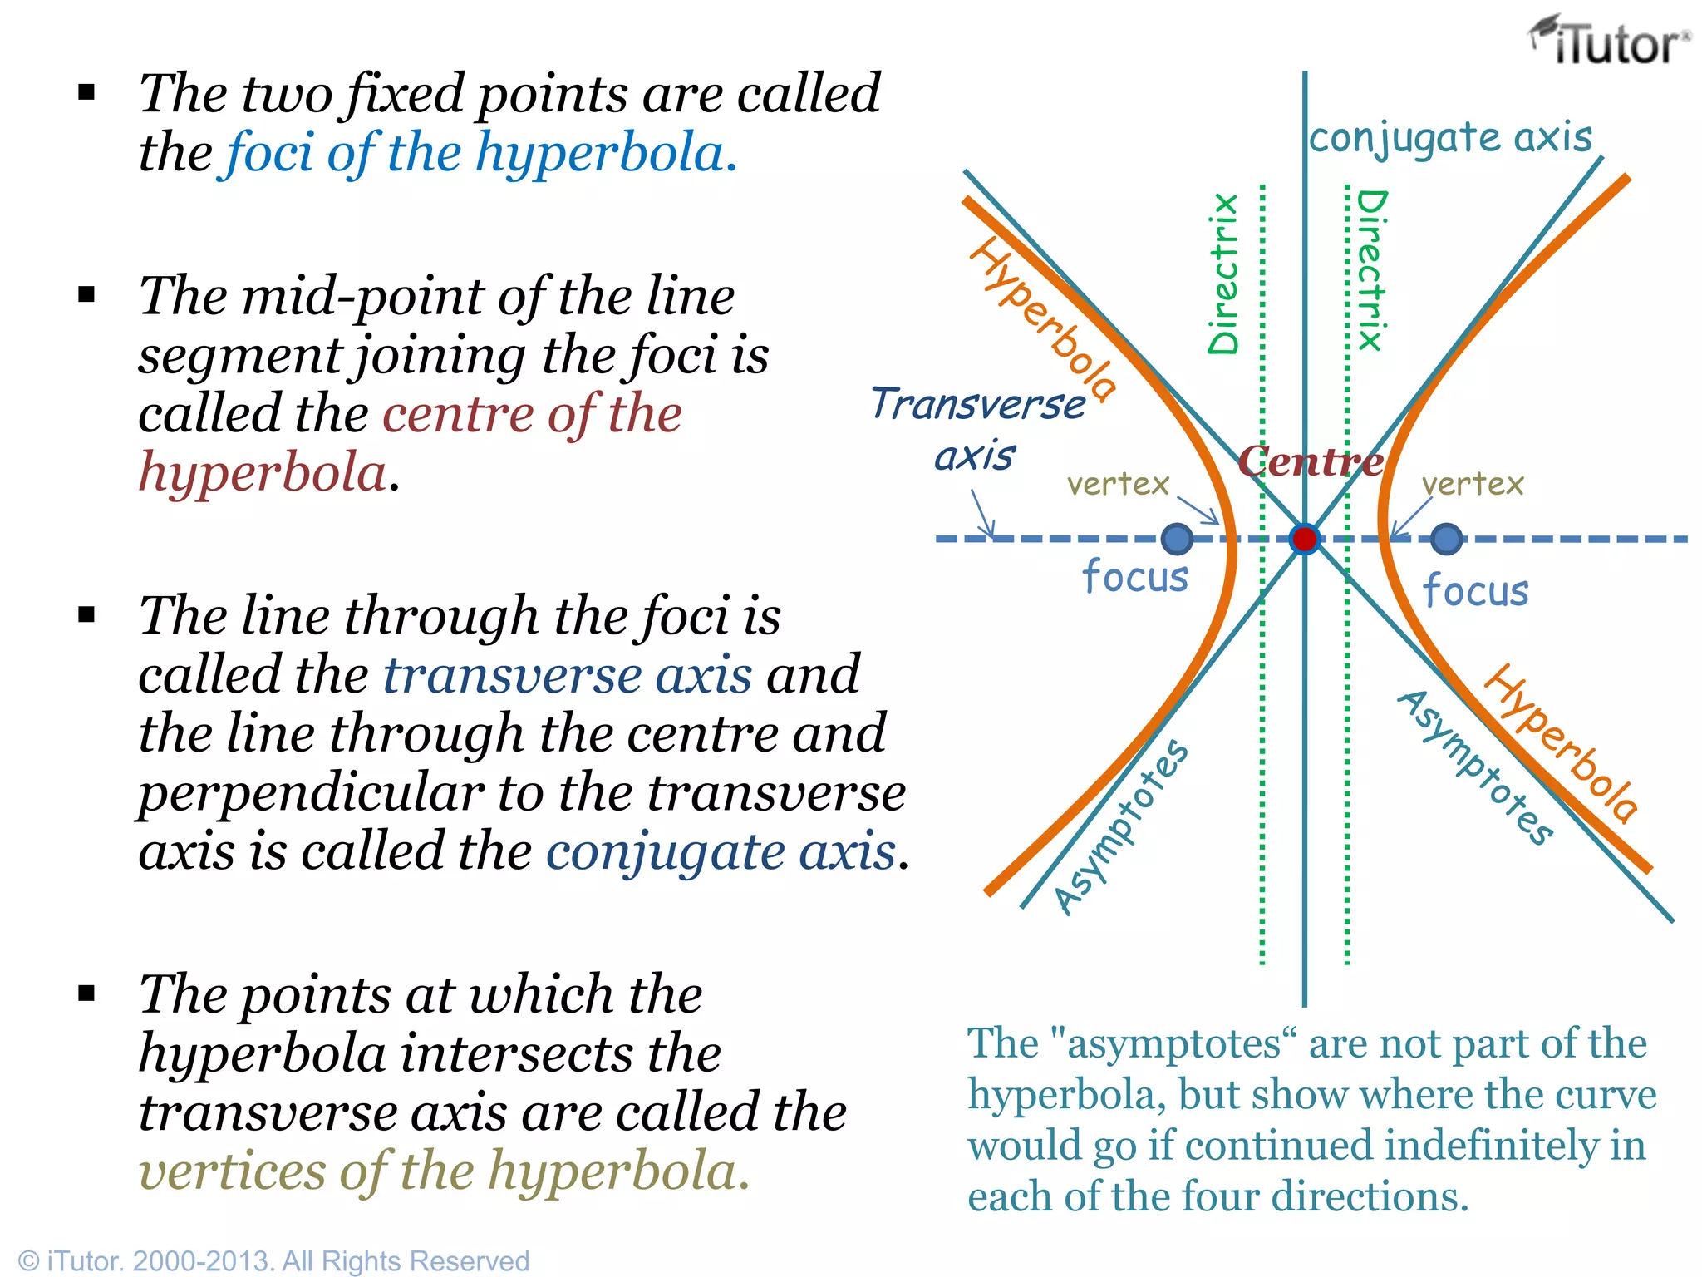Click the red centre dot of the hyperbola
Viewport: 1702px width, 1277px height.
point(1305,539)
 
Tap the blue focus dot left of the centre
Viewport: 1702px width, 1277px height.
point(1177,539)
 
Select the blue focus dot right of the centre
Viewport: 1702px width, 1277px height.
point(1447,539)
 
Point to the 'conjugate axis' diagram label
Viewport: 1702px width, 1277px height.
point(1451,138)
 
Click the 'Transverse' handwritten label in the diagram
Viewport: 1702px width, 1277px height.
point(978,404)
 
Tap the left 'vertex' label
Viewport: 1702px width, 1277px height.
point(1118,483)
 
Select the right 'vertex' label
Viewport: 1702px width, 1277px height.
point(1473,483)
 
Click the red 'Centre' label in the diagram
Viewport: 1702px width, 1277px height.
point(1311,461)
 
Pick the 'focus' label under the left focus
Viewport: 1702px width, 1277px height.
point(1135,575)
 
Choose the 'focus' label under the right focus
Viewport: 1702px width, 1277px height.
point(1475,589)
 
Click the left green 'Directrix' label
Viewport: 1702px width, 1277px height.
point(1223,274)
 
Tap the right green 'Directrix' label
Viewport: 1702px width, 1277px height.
point(1372,270)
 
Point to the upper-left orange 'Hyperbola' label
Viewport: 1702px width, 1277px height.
point(1044,319)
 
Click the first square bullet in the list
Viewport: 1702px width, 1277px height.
point(86,92)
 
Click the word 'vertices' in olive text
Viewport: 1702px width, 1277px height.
point(232,1171)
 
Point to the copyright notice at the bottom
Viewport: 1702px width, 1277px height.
point(273,1260)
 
